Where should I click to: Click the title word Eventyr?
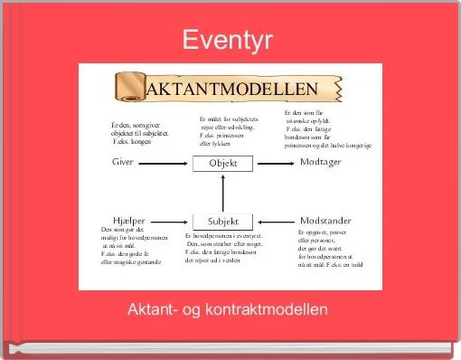(x=230, y=39)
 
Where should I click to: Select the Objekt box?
(x=223, y=163)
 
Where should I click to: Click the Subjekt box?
(x=223, y=221)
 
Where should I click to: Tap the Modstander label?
(x=326, y=220)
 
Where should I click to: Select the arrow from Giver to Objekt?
(x=167, y=163)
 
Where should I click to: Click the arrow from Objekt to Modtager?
(x=275, y=163)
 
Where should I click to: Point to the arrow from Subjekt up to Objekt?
(x=223, y=192)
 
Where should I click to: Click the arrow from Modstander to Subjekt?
(x=275, y=221)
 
